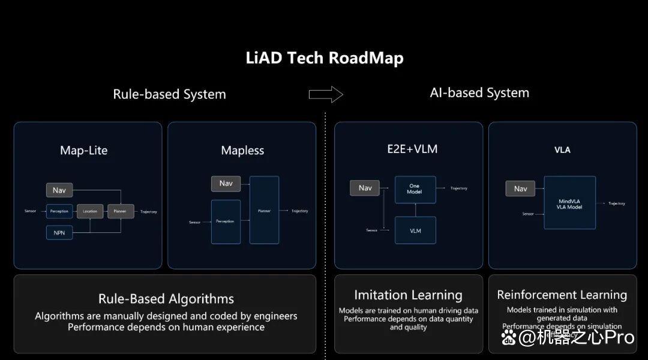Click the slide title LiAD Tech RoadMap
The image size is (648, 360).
pos(325,58)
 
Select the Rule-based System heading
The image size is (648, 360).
pos(169,94)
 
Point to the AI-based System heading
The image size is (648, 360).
pos(479,93)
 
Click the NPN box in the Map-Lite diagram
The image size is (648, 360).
pos(59,232)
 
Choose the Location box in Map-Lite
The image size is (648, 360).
pos(90,211)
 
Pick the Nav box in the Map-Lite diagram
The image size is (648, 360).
pos(59,190)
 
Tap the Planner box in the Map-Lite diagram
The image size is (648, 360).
pos(121,211)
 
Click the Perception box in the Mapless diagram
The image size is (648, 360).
pos(226,221)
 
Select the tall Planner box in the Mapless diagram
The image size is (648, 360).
pos(264,210)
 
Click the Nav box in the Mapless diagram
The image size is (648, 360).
pos(226,184)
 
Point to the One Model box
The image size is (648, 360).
pos(415,188)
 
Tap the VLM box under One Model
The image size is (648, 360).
pos(415,230)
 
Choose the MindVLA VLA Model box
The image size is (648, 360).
pos(569,203)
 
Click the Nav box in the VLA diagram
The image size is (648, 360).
pos(520,188)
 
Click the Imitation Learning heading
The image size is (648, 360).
pos(408,295)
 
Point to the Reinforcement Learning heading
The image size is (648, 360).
pos(562,295)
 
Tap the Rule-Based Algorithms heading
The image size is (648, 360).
pos(166,299)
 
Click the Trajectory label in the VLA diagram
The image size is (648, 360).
pos(616,203)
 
